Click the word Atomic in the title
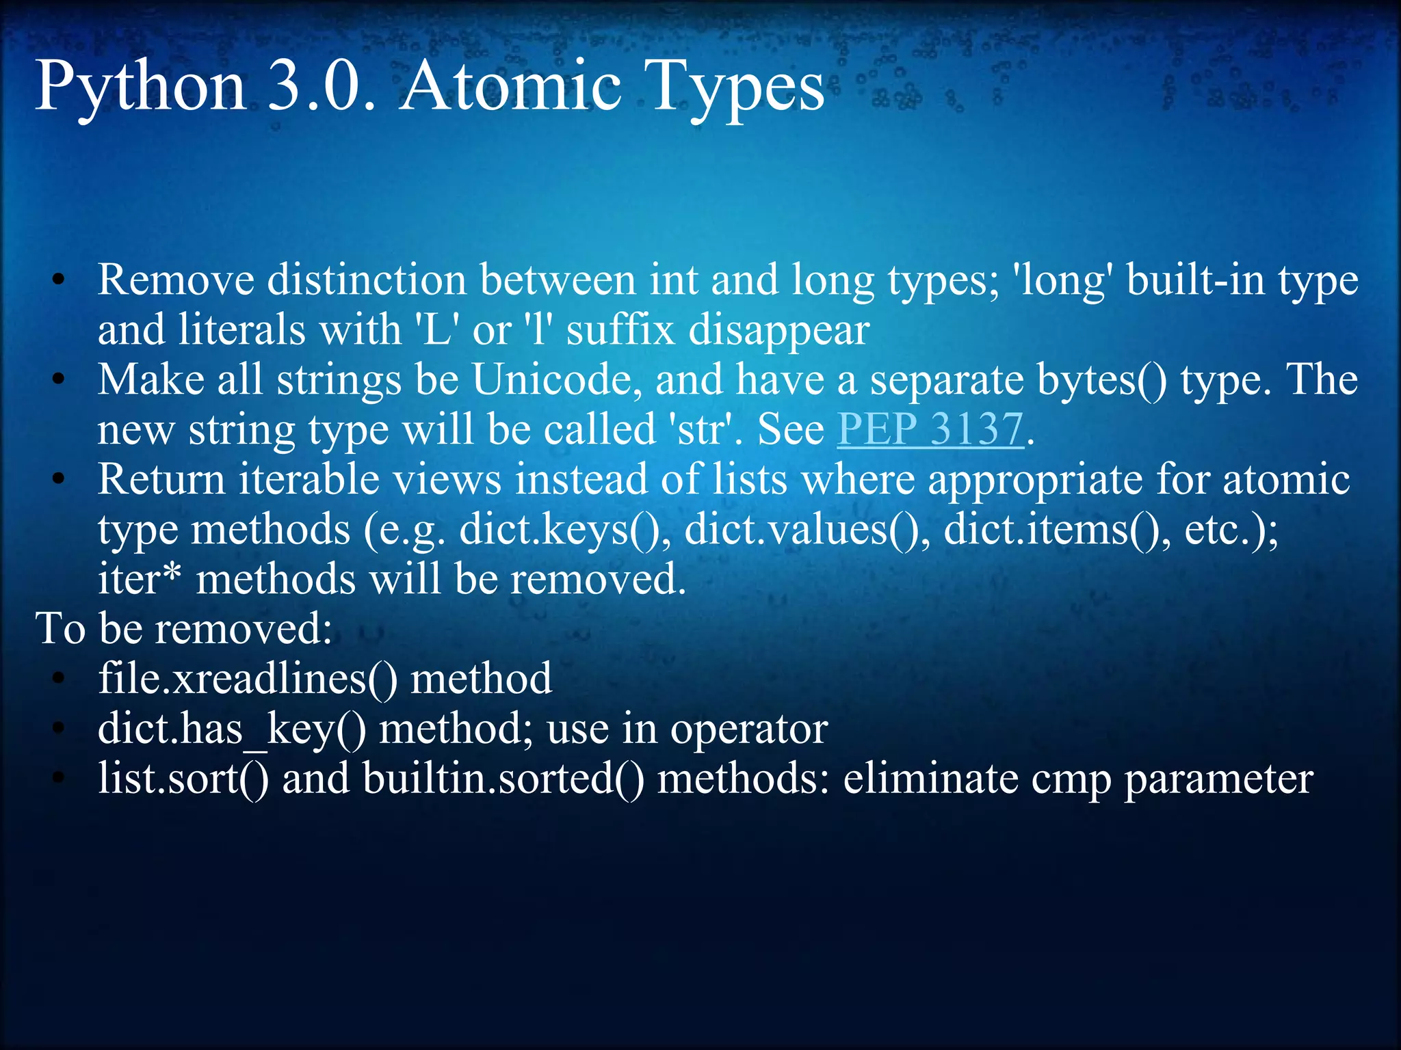coord(510,87)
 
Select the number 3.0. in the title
coord(322,87)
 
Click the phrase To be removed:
coord(183,629)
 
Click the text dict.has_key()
coord(231,729)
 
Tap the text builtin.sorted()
coord(503,779)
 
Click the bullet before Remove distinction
coord(59,280)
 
